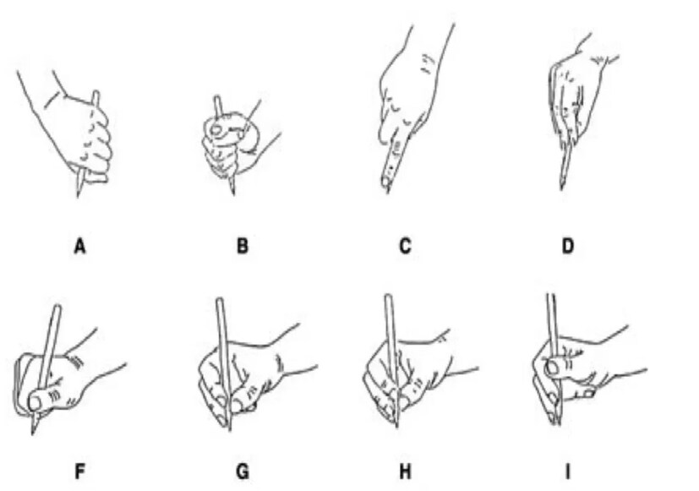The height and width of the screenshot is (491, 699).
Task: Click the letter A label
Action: tap(79, 246)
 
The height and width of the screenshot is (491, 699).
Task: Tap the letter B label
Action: tap(242, 246)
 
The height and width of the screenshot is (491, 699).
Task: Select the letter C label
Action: tap(405, 246)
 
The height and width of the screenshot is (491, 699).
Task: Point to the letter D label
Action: tap(567, 246)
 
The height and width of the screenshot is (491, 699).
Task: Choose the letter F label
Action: tap(79, 472)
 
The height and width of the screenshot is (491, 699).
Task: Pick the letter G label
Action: tap(242, 472)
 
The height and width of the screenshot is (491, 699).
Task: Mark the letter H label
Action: tap(405, 472)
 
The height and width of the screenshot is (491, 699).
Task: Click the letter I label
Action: tap(567, 472)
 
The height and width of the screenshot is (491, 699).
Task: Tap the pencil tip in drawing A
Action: tap(78, 196)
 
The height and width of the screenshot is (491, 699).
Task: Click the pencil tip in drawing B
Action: tap(233, 194)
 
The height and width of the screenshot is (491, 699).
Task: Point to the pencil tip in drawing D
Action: tap(560, 189)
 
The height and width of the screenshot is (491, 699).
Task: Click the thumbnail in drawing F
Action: tap(35, 403)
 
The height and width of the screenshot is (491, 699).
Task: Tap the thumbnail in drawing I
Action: tap(552, 368)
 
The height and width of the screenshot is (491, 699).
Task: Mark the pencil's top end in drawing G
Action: tap(219, 299)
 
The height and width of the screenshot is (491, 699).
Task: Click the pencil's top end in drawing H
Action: tap(388, 296)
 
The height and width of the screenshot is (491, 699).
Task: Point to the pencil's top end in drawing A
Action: tap(96, 93)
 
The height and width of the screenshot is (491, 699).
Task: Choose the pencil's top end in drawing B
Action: tap(216, 97)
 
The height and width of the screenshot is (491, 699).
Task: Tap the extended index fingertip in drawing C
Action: tap(385, 182)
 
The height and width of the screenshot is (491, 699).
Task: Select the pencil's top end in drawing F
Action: tap(57, 307)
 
